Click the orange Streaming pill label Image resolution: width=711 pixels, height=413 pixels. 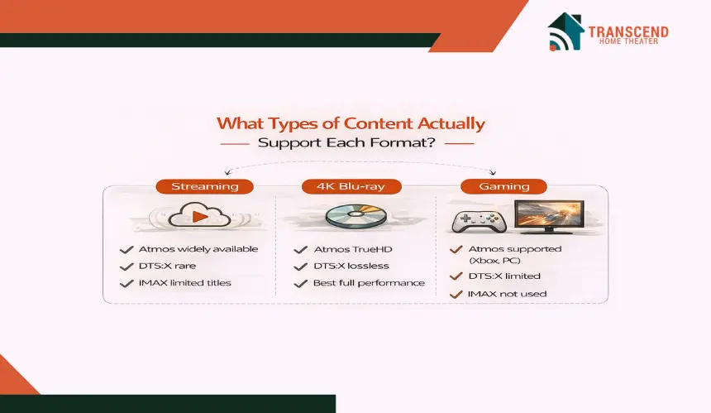(204, 186)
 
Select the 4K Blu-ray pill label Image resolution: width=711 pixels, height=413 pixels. (351, 186)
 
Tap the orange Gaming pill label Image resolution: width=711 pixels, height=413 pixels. (503, 186)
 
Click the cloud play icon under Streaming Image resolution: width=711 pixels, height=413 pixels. (199, 215)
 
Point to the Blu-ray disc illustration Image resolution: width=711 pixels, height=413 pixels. (356, 215)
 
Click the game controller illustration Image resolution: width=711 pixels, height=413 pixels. (479, 221)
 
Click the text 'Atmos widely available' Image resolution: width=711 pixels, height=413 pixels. (198, 249)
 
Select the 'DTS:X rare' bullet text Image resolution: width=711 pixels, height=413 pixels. (167, 266)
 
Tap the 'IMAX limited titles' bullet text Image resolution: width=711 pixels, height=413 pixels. (185, 283)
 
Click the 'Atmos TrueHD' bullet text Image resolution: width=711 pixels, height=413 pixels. (353, 249)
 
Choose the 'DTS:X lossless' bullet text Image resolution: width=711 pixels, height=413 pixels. (351, 266)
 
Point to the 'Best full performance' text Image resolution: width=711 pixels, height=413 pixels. (369, 283)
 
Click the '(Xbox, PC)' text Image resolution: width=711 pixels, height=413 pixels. (494, 261)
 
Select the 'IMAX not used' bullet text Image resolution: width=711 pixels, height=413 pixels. (507, 294)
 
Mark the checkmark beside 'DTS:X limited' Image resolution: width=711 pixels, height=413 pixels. (456, 276)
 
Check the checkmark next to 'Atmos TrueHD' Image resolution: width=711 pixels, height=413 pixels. (301, 250)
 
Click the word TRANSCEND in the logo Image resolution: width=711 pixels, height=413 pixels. (628, 31)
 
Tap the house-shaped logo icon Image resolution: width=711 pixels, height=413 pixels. (565, 31)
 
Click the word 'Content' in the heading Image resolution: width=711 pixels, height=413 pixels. (378, 123)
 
